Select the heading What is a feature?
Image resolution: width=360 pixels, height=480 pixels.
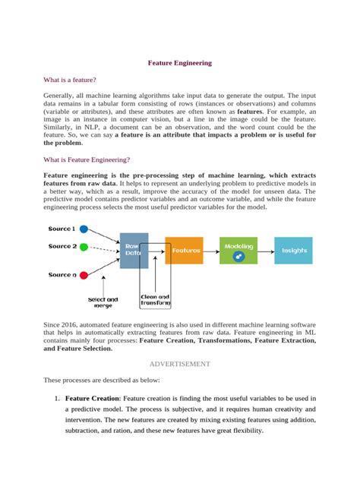[70, 79]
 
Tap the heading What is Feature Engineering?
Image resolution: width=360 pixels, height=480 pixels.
[87, 159]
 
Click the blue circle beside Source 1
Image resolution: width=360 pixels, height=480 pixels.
[84, 229]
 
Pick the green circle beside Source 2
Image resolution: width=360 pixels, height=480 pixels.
[84, 246]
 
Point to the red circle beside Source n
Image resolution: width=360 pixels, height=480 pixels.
[84, 273]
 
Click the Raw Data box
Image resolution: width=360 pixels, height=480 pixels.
[134, 250]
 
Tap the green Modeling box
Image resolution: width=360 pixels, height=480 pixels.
[239, 250]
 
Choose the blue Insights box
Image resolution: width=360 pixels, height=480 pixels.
[293, 250]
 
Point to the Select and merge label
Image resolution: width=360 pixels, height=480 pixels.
[103, 302]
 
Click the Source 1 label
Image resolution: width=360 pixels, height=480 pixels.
[62, 229]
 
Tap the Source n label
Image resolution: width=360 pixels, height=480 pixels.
[62, 274]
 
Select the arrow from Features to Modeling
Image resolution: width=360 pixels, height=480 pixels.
[212, 250]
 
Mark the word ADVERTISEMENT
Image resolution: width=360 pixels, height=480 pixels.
[179, 364]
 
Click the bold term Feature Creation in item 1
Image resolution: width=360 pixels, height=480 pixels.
[92, 398]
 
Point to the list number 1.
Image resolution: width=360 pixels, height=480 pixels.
[56, 398]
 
